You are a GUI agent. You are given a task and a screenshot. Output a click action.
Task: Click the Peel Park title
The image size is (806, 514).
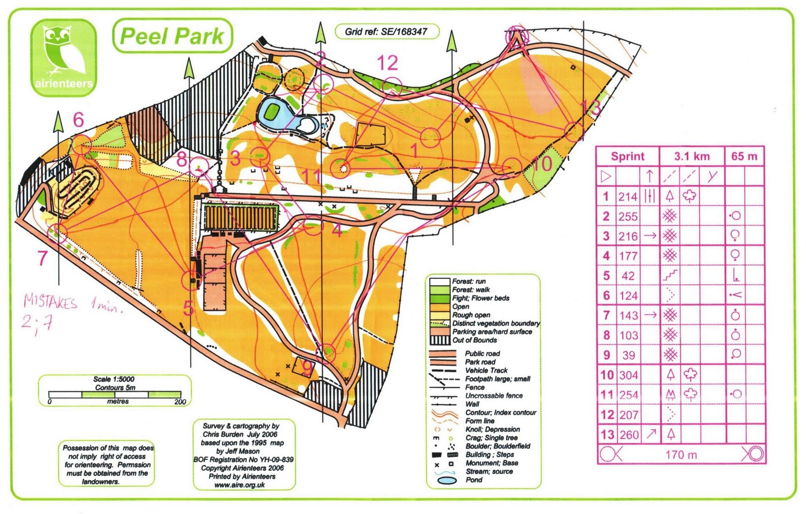coord(172,36)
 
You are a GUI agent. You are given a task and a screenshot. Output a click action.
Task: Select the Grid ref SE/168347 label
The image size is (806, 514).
coord(386,32)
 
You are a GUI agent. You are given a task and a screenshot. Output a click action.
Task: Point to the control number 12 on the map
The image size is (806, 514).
coord(387,63)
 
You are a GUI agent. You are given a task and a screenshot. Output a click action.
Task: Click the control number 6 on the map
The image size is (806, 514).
coord(78,120)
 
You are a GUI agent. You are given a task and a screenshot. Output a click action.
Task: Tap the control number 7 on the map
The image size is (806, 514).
coord(42,258)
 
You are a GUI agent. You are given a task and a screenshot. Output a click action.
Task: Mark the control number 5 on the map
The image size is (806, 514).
coord(188,308)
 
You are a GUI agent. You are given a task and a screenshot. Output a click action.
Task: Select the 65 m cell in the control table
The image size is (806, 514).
coord(744,156)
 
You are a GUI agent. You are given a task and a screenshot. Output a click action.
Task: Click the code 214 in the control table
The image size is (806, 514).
coord(628,197)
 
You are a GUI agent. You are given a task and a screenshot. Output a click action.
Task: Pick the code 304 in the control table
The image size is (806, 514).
coord(628,375)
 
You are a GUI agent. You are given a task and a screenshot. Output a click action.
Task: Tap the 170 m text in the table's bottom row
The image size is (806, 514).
coord(681,455)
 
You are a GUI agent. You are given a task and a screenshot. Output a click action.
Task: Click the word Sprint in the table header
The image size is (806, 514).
coord(628,157)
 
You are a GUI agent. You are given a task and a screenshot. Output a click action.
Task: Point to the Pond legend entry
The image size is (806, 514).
coord(474,480)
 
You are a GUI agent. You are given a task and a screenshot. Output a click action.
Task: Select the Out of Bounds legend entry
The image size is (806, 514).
coord(474,340)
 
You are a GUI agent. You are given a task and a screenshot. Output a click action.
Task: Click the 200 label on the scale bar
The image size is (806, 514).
coord(180,402)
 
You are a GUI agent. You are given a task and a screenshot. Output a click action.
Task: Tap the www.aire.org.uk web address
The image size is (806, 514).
coord(239,485)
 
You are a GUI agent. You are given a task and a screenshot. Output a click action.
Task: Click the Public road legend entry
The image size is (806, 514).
coord(482,353)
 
